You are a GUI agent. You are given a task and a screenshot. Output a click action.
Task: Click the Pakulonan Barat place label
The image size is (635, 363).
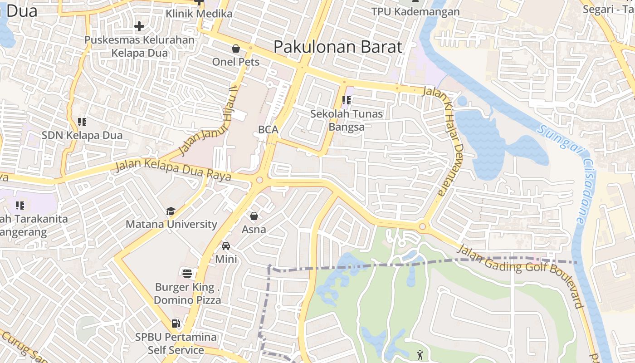pos(338,47)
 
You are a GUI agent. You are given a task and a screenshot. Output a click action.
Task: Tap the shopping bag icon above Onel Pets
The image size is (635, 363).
pos(236,49)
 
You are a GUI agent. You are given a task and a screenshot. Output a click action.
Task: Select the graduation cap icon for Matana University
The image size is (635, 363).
pos(171,211)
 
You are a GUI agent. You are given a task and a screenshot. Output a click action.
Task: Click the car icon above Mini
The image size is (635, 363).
pos(225,246)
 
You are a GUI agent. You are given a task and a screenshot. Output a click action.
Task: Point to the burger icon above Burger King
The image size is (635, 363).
pos(187,273)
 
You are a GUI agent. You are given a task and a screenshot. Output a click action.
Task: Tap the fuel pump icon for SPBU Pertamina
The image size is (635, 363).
pos(176,324)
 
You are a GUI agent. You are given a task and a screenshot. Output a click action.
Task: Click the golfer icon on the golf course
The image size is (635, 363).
pos(420,354)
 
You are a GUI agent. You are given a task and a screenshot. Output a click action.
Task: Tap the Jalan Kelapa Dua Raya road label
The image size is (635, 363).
pos(172,169)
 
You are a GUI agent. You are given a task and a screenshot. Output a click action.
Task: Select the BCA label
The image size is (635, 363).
pos(268,129)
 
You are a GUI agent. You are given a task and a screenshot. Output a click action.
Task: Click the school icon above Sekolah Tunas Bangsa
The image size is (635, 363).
pos(347,100)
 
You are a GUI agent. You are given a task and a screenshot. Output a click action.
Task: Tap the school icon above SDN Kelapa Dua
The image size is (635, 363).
pos(82,122)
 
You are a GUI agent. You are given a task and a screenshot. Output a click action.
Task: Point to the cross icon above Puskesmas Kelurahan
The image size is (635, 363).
pos(139,26)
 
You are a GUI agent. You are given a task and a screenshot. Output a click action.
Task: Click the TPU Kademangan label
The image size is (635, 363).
pos(415,12)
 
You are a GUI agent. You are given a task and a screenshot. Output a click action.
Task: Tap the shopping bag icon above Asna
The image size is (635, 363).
pos(254,216)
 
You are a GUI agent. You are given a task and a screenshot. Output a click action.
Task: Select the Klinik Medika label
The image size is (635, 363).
pos(199,14)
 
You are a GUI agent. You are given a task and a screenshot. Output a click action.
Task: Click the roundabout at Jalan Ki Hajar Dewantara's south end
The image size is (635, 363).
pos(422,226)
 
